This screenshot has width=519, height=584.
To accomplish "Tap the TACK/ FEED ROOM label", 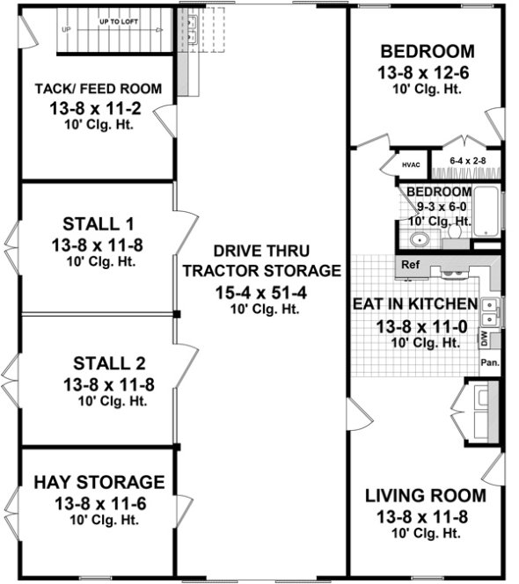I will (98, 88).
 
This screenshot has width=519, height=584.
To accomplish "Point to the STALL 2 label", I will (99, 362).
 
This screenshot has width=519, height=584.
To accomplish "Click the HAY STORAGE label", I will (99, 482).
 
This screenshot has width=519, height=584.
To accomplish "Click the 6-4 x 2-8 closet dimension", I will (467, 161).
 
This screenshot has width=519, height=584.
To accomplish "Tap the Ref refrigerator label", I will (409, 264).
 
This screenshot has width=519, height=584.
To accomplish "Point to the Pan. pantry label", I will (489, 361).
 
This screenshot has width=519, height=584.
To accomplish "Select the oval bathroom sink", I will (418, 239).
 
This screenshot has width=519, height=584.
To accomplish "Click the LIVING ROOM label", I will (425, 496).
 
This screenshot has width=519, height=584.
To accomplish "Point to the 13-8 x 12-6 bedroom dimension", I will (425, 71).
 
